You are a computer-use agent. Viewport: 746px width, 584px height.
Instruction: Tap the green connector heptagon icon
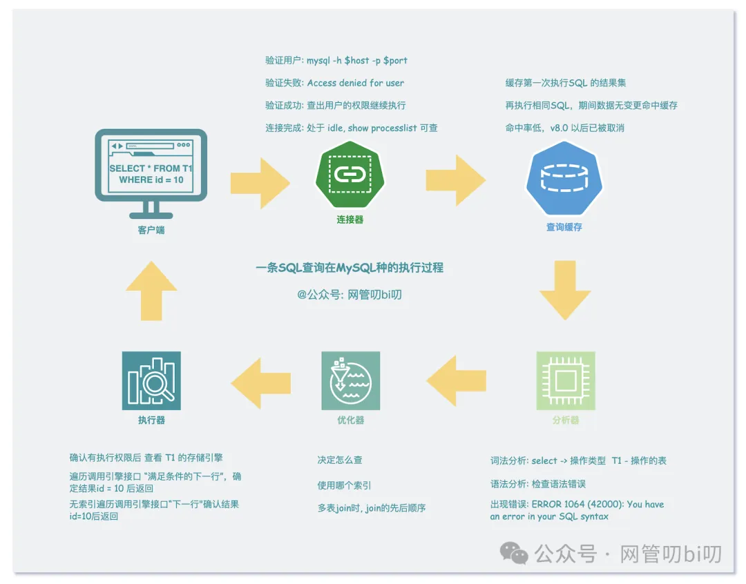tap(350, 175)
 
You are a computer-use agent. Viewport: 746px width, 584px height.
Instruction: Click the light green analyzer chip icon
tap(565, 381)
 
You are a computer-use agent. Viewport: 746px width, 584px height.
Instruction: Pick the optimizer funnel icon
tap(350, 381)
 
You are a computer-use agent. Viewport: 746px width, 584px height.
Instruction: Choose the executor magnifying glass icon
tap(151, 381)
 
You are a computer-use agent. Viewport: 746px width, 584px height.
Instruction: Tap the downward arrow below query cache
tap(565, 289)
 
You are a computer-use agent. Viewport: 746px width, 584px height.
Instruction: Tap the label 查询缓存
tap(564, 226)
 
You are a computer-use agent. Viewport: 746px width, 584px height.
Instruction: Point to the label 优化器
tap(350, 420)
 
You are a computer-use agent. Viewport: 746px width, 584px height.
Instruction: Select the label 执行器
tap(151, 420)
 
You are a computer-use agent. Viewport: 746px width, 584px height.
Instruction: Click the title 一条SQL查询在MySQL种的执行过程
tap(349, 268)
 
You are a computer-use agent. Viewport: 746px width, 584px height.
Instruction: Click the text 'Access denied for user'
tap(356, 83)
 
